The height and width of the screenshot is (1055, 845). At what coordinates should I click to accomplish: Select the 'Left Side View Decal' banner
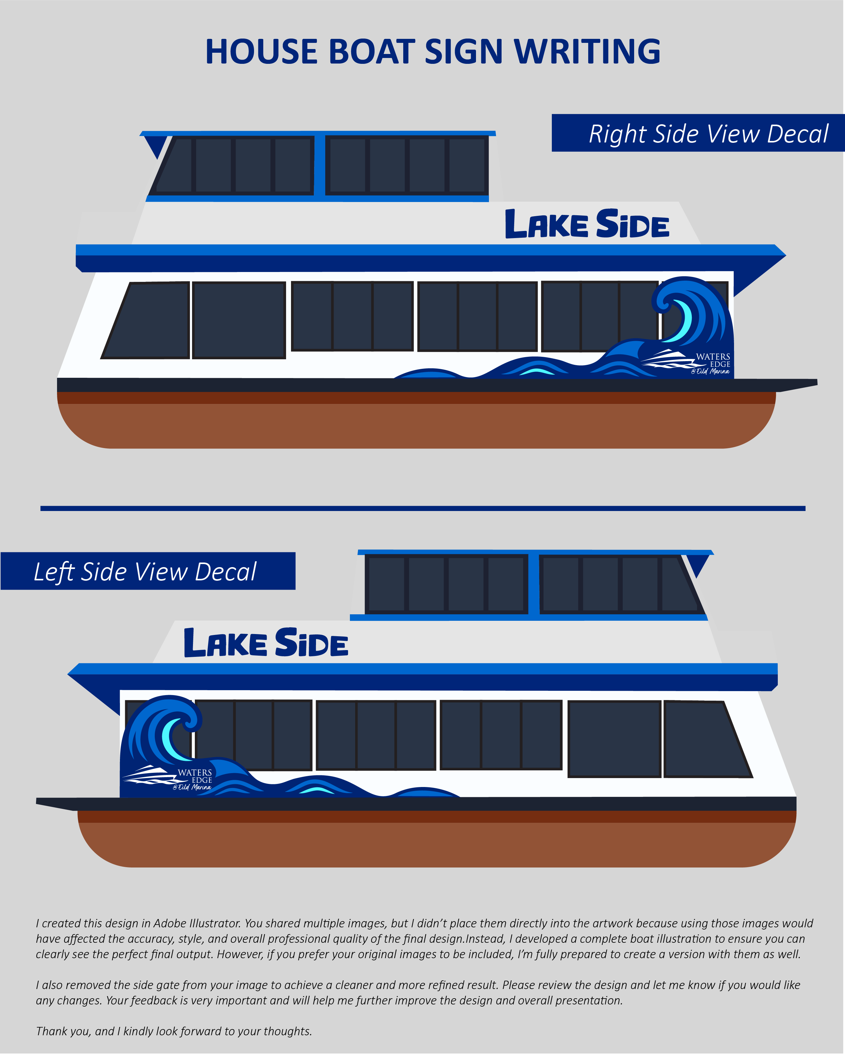click(147, 571)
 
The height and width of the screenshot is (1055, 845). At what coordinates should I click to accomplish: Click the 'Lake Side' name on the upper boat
click(587, 225)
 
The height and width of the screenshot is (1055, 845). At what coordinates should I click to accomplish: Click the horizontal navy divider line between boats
click(422, 509)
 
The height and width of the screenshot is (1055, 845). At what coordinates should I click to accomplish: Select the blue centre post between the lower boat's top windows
click(533, 584)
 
